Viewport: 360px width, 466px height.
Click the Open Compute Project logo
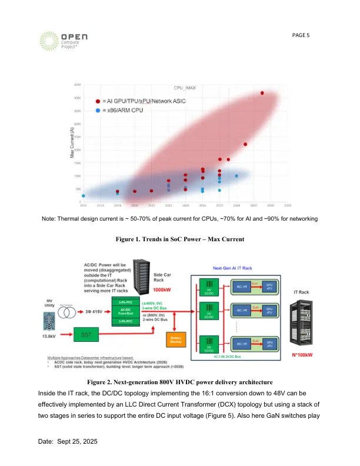coord(63,41)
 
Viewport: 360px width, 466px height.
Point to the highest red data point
coord(262,93)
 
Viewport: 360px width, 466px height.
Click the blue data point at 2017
coord(84,196)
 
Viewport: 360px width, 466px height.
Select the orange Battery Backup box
coord(176,341)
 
